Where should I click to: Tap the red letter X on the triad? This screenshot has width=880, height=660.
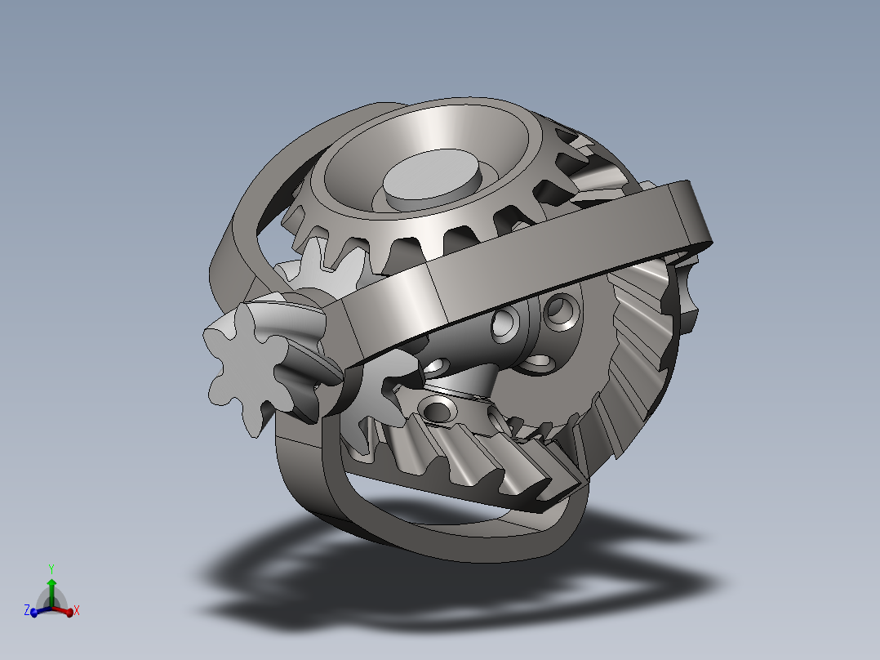pyautogui.click(x=77, y=610)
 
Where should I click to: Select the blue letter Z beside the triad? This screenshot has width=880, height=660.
pyautogui.click(x=26, y=610)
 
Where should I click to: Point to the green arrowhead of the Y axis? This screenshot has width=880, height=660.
pyautogui.click(x=51, y=583)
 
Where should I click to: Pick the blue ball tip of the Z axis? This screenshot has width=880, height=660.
pyautogui.click(x=34, y=613)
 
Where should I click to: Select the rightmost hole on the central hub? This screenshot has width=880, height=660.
pyautogui.click(x=562, y=310)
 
